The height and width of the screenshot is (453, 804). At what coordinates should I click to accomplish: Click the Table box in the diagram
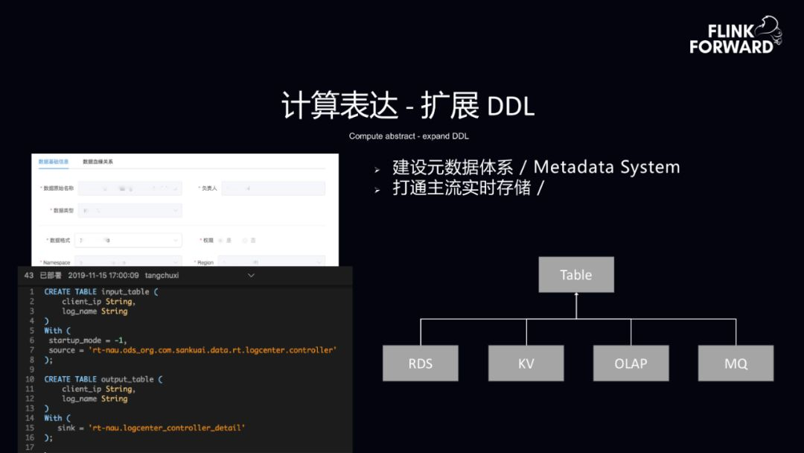(x=576, y=275)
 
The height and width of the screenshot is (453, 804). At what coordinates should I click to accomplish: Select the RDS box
(x=421, y=364)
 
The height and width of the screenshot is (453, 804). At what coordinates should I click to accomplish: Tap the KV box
(x=526, y=364)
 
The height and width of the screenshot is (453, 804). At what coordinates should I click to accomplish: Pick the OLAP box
(x=631, y=364)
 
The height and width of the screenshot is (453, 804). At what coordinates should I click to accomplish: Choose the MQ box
(x=736, y=364)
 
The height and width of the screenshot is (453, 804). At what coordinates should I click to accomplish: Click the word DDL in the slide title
(x=511, y=107)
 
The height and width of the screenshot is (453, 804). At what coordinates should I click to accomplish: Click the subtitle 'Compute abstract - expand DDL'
(x=409, y=136)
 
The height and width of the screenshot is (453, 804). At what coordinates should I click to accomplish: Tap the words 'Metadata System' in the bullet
(x=607, y=167)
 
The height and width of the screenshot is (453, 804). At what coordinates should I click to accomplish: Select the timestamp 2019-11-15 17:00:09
(x=103, y=275)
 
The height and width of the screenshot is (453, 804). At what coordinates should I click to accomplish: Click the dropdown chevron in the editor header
(x=251, y=275)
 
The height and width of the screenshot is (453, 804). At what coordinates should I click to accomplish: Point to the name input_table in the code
(x=124, y=292)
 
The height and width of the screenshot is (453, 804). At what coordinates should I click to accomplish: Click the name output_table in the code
(x=127, y=379)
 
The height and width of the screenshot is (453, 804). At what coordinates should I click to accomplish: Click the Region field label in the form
(x=205, y=262)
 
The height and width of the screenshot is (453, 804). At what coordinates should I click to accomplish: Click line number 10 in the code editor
(x=30, y=379)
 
